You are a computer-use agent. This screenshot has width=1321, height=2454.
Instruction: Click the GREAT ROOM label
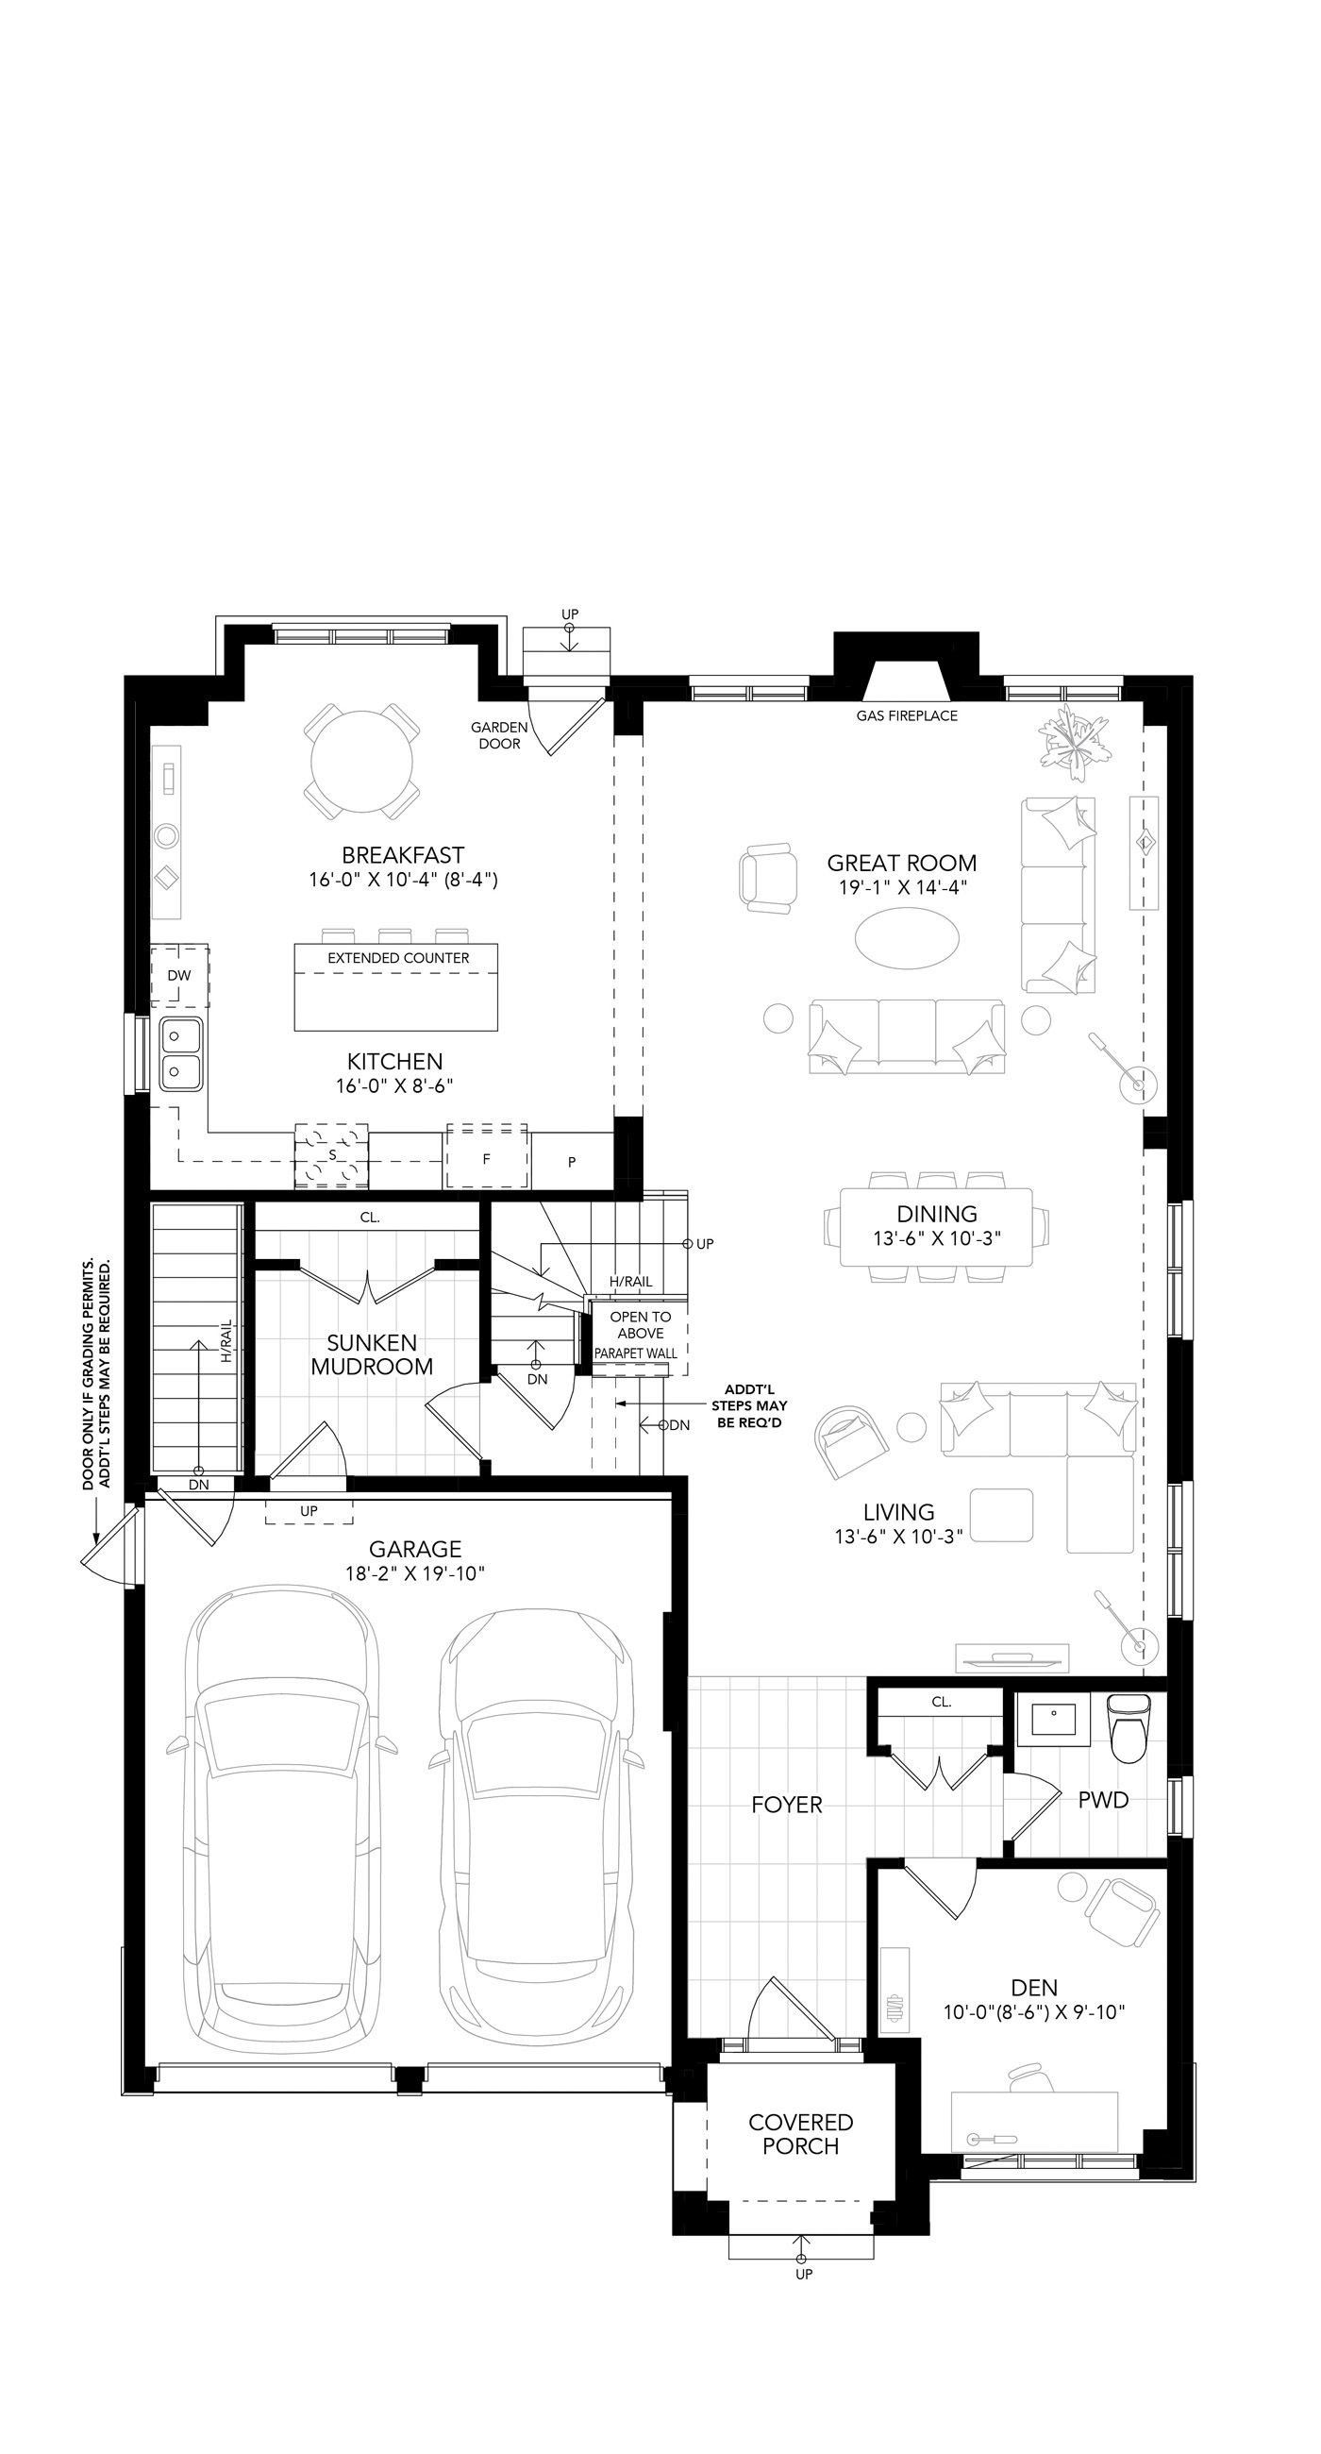(901, 863)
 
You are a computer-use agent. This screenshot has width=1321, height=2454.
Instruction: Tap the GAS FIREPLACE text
(907, 715)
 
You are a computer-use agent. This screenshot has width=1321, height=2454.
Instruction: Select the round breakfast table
(362, 761)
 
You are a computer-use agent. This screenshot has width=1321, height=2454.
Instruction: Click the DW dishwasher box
(179, 976)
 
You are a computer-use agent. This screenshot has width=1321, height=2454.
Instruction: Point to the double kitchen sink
(180, 1053)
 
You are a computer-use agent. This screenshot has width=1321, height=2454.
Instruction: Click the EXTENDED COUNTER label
(398, 957)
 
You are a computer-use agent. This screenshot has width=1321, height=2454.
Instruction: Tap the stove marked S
(331, 1155)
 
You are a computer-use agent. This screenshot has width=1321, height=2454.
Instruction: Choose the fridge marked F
(487, 1155)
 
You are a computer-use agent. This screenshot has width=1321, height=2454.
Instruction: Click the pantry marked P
(572, 1160)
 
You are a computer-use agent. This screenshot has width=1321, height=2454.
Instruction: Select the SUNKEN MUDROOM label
(372, 1353)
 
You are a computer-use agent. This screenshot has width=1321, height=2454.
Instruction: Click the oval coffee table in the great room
(907, 938)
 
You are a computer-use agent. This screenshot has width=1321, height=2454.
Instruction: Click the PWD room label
(1103, 1800)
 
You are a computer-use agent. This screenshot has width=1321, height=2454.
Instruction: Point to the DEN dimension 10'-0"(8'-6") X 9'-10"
(1034, 2012)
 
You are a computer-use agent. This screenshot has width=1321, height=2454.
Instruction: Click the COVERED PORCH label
(800, 2134)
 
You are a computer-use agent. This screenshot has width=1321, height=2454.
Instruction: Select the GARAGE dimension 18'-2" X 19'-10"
(415, 1572)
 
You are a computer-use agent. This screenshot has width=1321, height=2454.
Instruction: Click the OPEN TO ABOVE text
(641, 1324)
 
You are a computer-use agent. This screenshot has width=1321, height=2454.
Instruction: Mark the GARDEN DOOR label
(499, 734)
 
